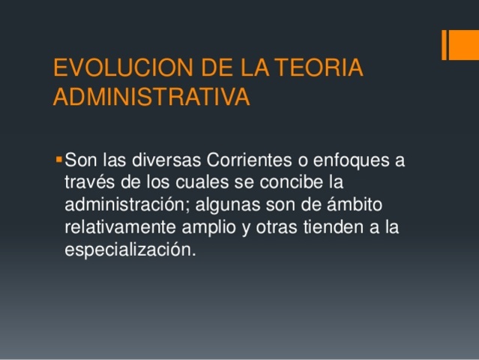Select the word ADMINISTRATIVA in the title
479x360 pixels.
(151, 98)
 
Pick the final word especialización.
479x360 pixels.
(129, 250)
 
